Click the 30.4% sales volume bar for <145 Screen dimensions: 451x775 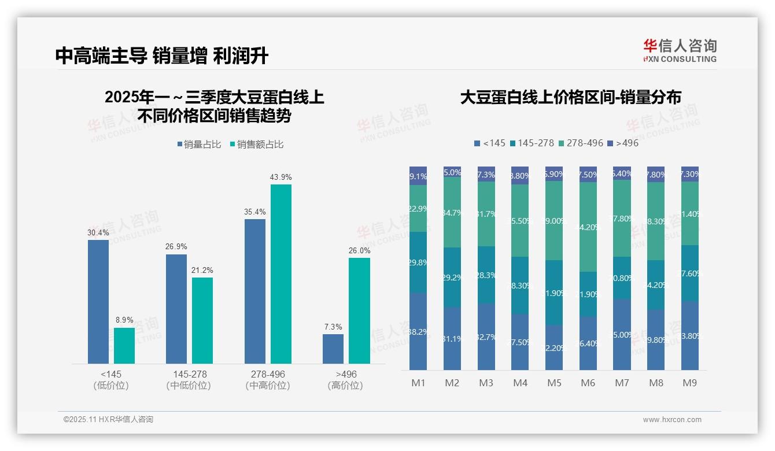click(98, 301)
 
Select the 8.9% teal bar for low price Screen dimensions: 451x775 click(124, 345)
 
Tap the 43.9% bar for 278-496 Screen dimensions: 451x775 click(281, 273)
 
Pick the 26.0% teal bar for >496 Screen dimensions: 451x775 click(359, 310)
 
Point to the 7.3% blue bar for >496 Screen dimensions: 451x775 click(333, 349)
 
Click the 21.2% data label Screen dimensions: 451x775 click(202, 270)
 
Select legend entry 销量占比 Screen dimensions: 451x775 click(199, 145)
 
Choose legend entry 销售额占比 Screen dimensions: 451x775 click(257, 145)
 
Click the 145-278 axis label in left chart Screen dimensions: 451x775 click(190, 374)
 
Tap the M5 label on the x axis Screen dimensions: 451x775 click(555, 383)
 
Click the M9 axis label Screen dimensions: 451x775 click(689, 383)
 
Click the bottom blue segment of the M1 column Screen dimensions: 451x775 click(418, 331)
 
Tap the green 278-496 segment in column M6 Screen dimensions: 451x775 click(588, 227)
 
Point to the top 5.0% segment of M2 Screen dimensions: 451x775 click(452, 172)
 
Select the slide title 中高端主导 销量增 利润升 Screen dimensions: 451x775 click(162, 56)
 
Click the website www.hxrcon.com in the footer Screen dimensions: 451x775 click(672, 420)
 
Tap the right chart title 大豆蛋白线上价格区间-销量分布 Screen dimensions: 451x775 click(570, 97)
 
